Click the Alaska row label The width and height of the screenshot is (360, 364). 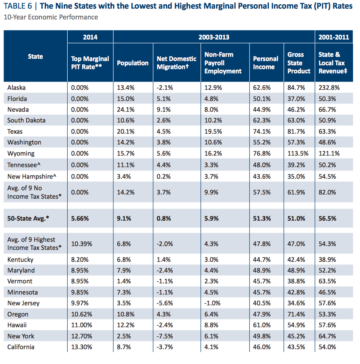point(16,87)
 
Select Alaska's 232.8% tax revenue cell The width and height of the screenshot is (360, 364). point(329,87)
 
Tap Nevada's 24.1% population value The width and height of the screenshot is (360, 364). point(125,109)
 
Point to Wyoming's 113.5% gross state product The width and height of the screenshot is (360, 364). point(298,154)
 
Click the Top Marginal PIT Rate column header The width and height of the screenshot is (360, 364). point(90,63)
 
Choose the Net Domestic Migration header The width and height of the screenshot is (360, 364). point(177,63)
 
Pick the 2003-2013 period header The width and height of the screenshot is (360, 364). point(214,37)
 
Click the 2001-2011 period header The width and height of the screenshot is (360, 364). point(333,37)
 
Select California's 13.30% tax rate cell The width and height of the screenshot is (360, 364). point(82,347)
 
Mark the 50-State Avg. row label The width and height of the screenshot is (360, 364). point(28,219)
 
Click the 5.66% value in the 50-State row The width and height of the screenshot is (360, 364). point(80,219)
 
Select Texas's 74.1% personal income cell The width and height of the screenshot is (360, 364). point(262,131)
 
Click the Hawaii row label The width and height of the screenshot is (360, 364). point(17,325)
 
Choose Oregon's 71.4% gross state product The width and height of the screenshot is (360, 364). point(296,314)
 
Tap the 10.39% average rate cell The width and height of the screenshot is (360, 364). point(82,244)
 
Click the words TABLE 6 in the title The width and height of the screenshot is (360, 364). point(18,6)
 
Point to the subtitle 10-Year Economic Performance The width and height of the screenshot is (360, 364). point(51,17)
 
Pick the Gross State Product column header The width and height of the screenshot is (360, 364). point(299,63)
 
